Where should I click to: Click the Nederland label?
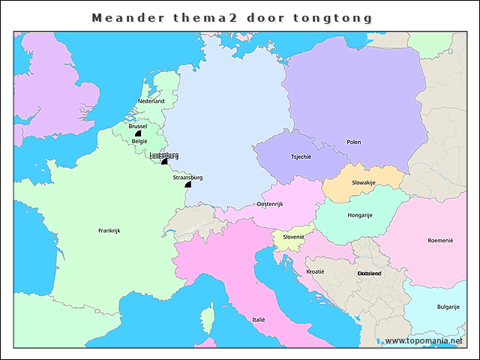151,101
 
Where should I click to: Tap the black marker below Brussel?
138,133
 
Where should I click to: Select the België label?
139,141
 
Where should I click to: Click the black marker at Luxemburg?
164,161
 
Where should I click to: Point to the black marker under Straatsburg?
188,184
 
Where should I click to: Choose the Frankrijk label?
109,230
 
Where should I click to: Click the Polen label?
353,142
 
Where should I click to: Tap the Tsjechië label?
301,157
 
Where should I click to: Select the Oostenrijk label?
270,204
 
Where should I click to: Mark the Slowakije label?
364,182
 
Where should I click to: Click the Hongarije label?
360,215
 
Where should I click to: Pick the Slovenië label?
293,237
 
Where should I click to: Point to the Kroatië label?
316,271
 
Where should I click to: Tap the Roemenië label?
440,241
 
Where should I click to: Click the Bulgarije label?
448,307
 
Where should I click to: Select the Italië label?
259,319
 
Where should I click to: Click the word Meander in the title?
124,17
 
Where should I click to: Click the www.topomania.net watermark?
424,340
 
